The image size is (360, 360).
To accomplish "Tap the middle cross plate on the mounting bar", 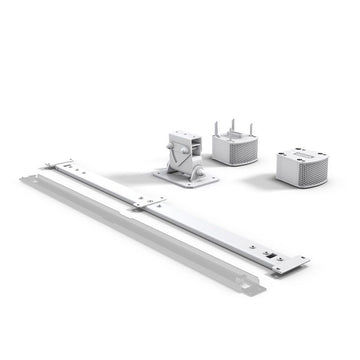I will point(147,203).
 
